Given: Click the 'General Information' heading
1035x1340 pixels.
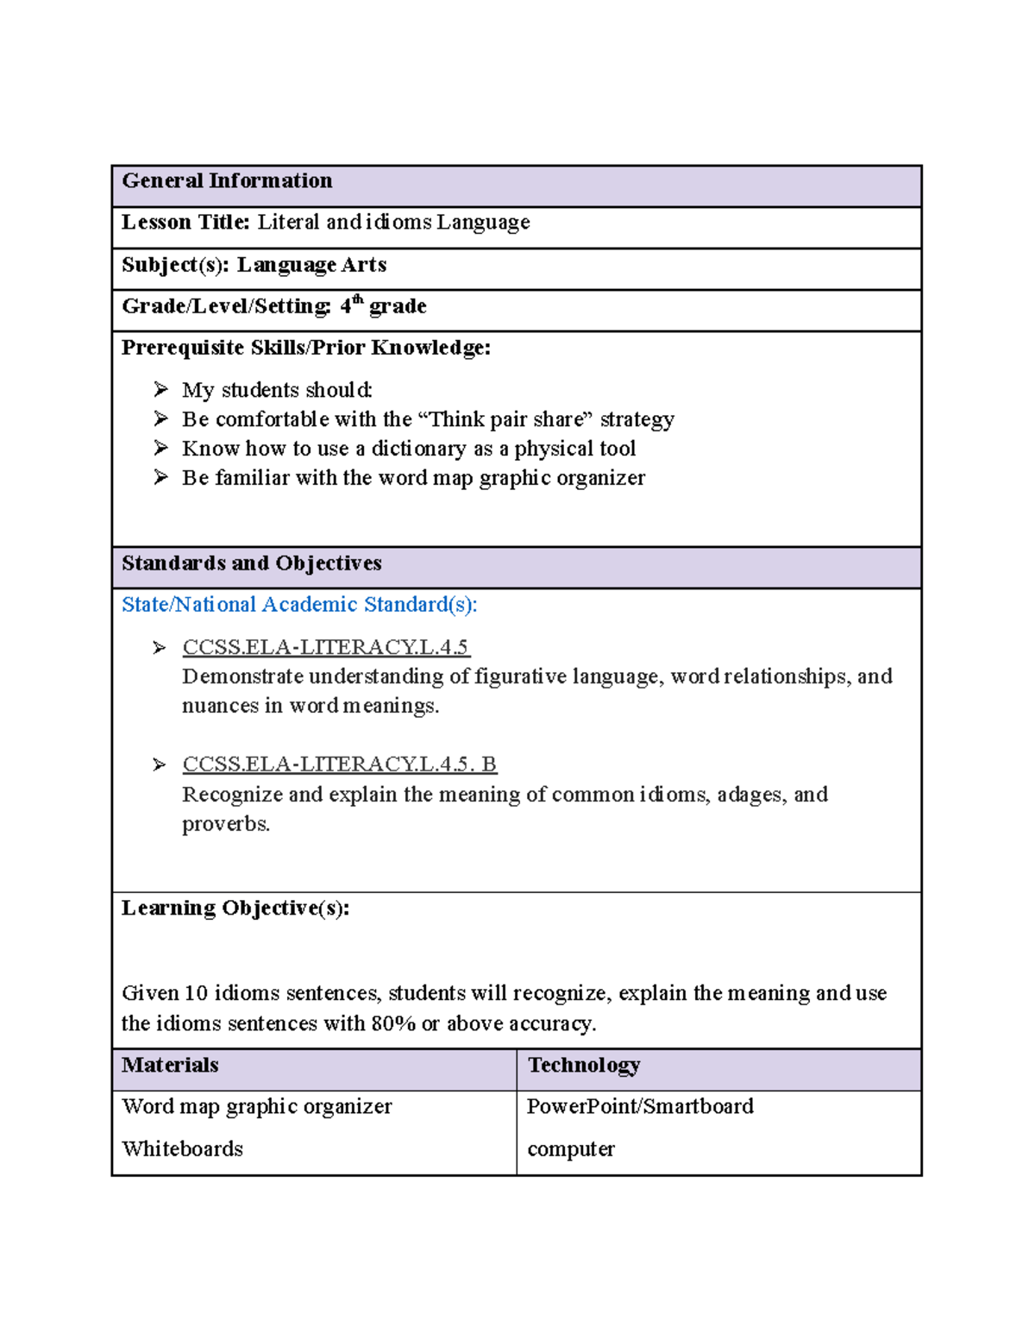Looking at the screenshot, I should pos(227,181).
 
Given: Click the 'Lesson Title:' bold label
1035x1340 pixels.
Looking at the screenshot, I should pos(185,223).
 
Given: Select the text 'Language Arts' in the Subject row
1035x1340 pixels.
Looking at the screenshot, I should pos(311,265).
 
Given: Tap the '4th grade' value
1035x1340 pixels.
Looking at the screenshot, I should pos(383,306).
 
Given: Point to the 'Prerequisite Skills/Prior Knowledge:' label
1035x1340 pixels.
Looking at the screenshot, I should pos(305,348).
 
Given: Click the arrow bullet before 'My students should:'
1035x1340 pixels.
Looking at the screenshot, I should pos(161,390).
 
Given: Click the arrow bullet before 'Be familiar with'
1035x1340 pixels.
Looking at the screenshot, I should pos(161,477).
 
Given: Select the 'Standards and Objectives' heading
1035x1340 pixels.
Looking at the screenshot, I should pos(251,563).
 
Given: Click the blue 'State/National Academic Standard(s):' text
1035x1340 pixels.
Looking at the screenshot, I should pos(298,605).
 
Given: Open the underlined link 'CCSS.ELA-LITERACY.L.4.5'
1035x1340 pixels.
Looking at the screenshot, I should pos(325,647).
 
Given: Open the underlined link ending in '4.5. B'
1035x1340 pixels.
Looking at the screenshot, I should pos(339,764).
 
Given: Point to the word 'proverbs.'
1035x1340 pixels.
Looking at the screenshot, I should pos(226,824).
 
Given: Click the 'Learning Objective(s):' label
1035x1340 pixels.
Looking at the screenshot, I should pos(235,909).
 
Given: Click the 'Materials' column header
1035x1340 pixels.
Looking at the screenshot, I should pos(170,1066).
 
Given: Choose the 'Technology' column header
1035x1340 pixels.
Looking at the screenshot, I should pos(584,1066).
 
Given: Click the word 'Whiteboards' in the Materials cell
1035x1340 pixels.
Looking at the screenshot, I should pos(182,1149).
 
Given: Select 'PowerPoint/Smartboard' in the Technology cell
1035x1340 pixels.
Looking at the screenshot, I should pos(640,1107).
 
